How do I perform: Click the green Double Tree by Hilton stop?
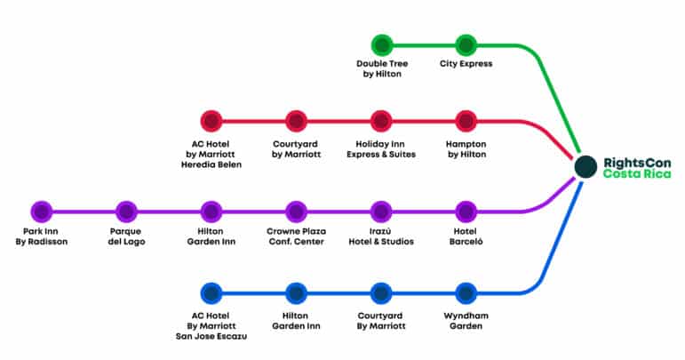382,45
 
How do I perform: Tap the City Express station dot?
466,45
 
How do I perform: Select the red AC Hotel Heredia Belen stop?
211,121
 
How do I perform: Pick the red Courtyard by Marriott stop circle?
296,121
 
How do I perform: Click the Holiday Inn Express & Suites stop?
381,121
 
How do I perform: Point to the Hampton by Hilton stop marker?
466,121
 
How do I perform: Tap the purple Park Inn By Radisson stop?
42,212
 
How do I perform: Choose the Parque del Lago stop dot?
126,212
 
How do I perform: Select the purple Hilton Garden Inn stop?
211,212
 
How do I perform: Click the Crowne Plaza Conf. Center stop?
296,212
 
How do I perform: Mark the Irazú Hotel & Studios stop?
381,212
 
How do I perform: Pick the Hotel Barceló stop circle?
466,212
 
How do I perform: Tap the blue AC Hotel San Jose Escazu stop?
211,293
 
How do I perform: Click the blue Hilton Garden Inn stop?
296,293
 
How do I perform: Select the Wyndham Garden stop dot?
466,293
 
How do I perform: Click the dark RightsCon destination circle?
585,167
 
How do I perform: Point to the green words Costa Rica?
637,174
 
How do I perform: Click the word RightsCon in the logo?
637,163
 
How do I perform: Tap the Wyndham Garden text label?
466,321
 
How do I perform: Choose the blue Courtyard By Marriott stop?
381,293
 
